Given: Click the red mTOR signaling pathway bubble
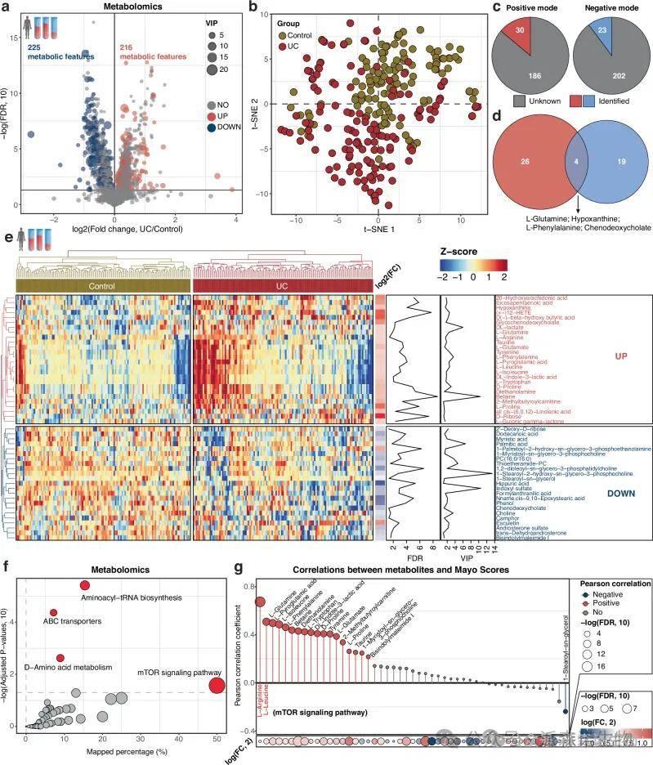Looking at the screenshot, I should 216,686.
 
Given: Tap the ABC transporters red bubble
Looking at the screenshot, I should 53,612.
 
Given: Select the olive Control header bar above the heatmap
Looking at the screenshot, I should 103,285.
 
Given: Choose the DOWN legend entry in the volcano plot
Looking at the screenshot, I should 228,132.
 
